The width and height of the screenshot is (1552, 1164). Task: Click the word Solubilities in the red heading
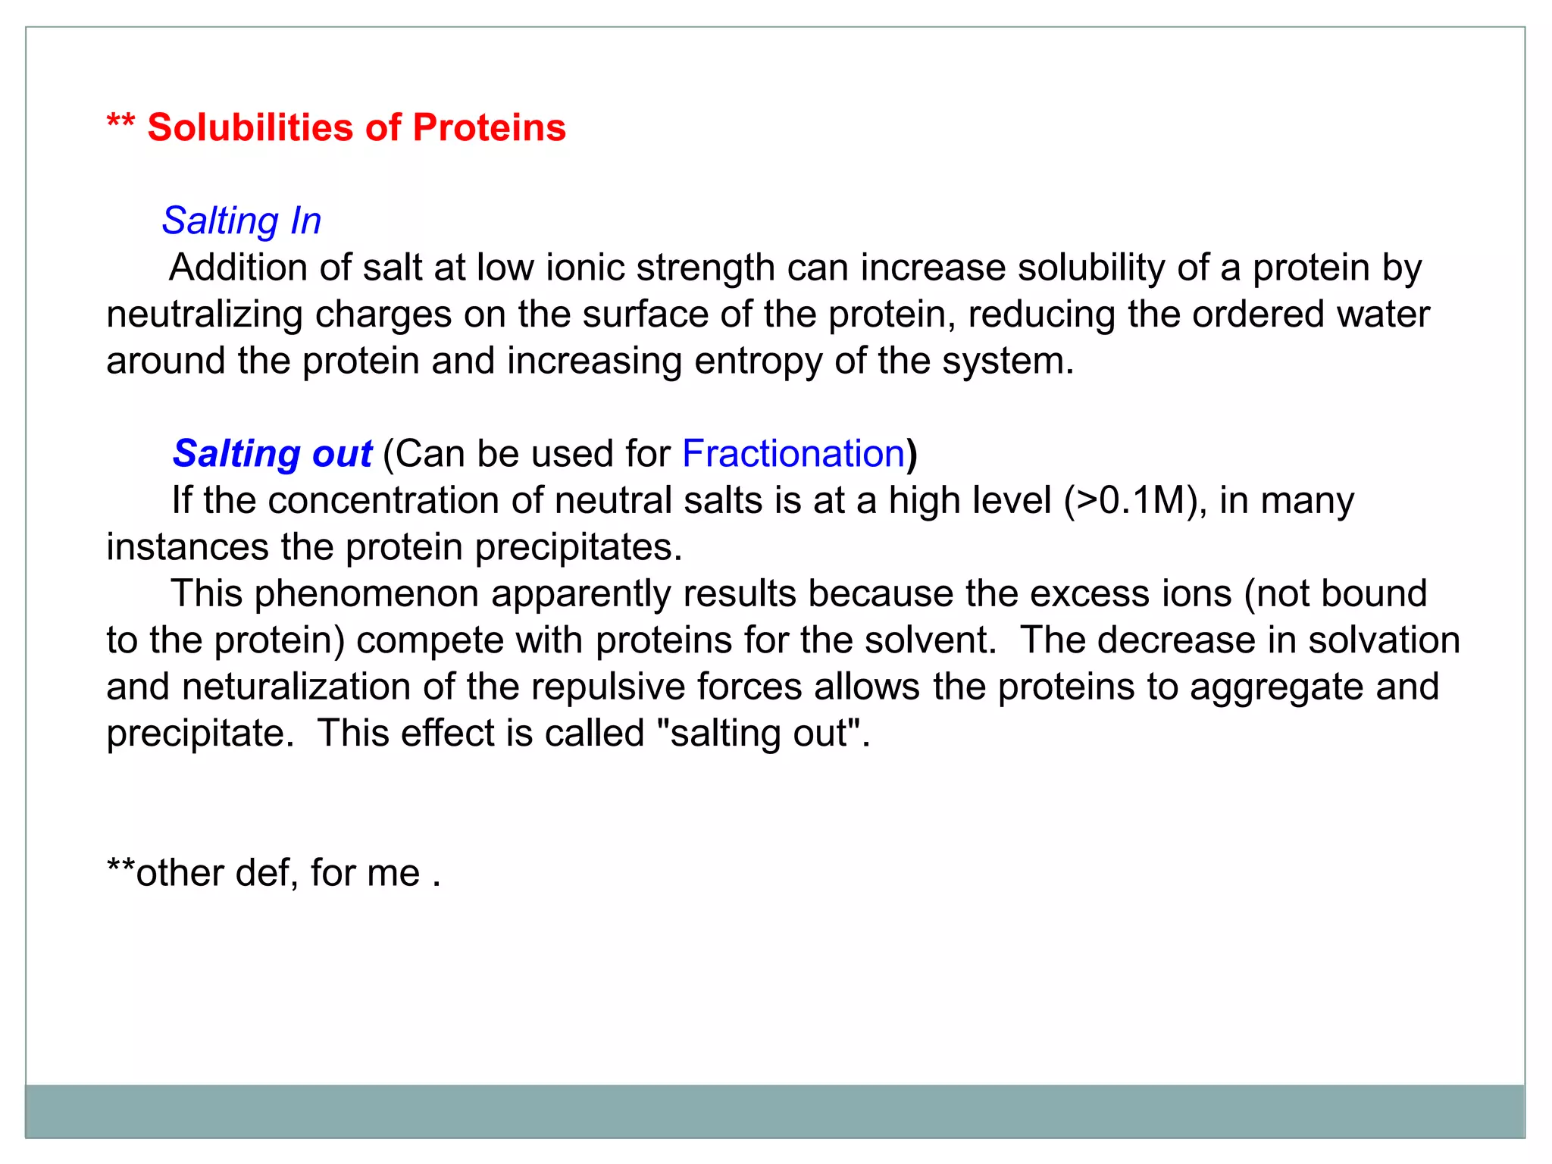click(x=250, y=127)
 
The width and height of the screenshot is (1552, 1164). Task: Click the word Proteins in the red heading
click(x=489, y=127)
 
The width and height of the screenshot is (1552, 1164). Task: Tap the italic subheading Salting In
click(x=242, y=221)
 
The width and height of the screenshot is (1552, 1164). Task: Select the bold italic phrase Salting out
click(x=272, y=454)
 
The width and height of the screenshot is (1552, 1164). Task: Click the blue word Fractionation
click(x=793, y=454)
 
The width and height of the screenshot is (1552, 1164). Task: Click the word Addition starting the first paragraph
click(x=238, y=268)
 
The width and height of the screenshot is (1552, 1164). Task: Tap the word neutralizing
click(x=204, y=314)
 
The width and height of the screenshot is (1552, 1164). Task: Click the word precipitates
click(x=578, y=547)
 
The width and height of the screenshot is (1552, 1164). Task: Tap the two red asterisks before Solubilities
click(x=120, y=123)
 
